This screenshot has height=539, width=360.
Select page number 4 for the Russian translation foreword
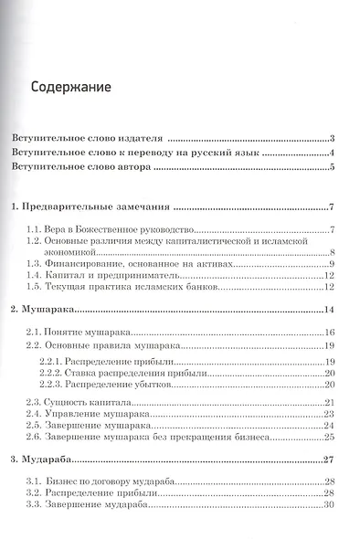(334, 153)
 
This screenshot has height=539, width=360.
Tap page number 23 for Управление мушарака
(331, 414)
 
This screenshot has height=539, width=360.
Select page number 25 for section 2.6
(331, 438)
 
